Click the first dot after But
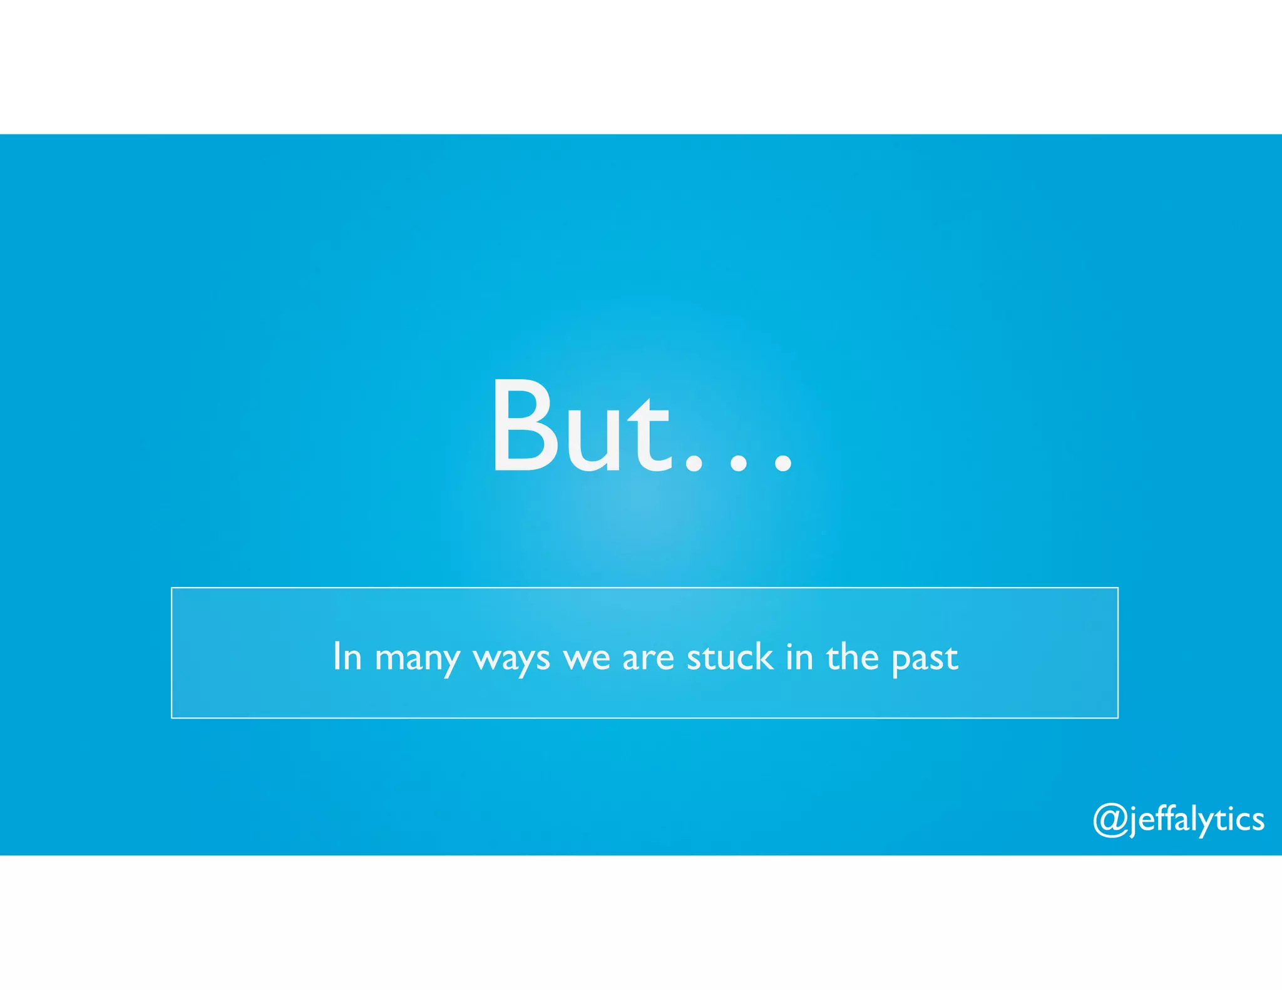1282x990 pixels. [x=694, y=463]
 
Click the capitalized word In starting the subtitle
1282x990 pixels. [x=347, y=656]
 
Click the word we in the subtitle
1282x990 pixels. [x=587, y=659]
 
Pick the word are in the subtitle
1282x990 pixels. [x=648, y=659]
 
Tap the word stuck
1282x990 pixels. [x=730, y=656]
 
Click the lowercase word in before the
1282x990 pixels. [x=799, y=656]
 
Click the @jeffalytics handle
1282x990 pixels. [x=1179, y=820]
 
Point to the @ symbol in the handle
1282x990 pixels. [x=1110, y=820]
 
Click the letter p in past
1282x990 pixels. [x=901, y=662]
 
